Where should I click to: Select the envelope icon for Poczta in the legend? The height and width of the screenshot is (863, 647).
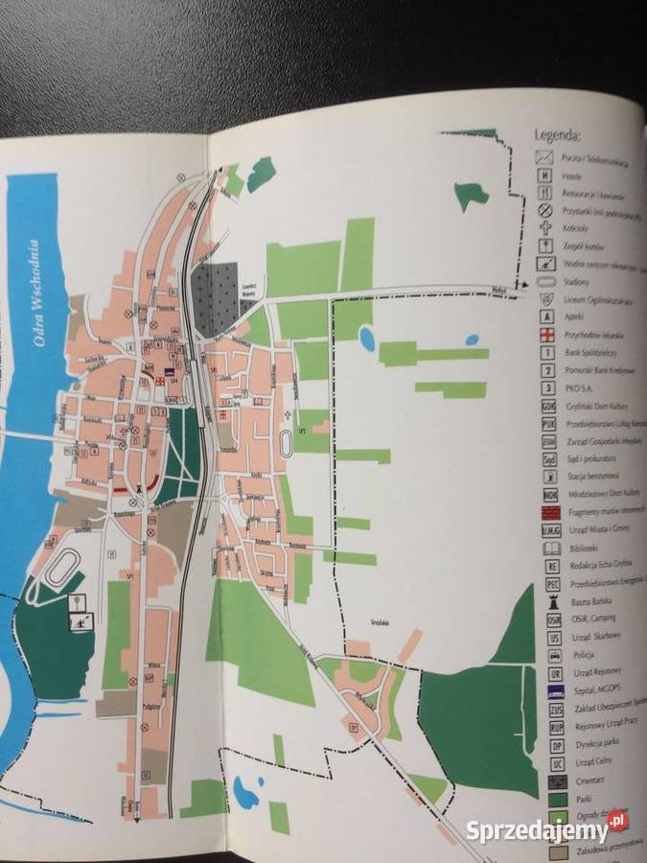544,156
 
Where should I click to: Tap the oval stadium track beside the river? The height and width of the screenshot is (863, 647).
63,567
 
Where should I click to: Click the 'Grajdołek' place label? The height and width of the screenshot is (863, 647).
384,621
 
